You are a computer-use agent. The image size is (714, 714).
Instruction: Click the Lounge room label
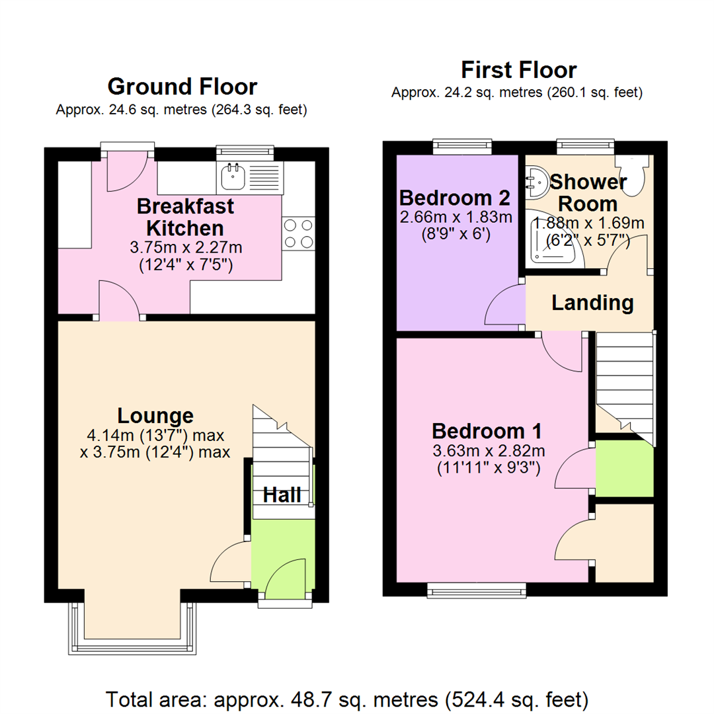[155, 416]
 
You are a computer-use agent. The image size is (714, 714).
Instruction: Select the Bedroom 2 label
[456, 198]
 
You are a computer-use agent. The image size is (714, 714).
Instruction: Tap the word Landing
[592, 303]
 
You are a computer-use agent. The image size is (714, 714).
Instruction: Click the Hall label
[283, 495]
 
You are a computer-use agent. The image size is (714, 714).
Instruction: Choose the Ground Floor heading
[182, 87]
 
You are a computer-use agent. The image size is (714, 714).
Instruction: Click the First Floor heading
[518, 69]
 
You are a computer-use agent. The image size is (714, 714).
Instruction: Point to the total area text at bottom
[348, 699]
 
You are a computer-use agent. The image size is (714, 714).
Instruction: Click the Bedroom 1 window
[477, 590]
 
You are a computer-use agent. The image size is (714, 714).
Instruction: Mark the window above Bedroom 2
[462, 146]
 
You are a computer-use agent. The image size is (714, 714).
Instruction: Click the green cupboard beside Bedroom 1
[624, 469]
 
